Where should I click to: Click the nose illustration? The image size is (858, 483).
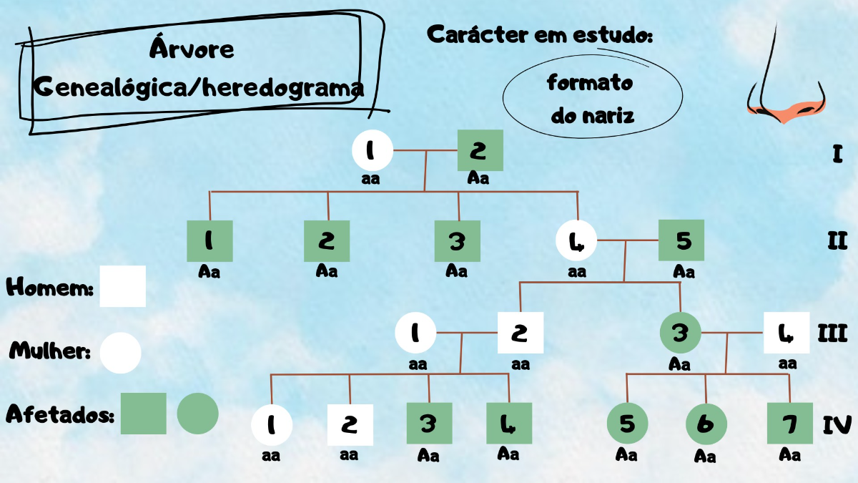coord(785,79)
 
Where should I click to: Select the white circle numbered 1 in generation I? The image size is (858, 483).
coord(373,150)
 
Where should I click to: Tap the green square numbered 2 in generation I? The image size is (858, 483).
coord(480,151)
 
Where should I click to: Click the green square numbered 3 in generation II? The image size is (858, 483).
coord(458,241)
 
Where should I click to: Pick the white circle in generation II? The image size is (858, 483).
coord(577,241)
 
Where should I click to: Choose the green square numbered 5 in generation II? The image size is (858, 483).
coord(681,240)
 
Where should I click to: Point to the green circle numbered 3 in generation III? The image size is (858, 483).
coord(680,333)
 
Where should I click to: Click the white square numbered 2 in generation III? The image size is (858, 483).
coord(521,333)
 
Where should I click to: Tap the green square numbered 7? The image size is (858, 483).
coord(789,424)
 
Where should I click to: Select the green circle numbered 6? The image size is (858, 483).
coord(706,424)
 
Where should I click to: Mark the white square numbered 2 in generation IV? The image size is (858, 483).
coord(350,425)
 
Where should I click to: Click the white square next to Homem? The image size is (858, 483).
coord(122,286)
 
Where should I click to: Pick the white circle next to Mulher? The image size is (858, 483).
coord(120,353)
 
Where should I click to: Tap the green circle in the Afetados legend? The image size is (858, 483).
coord(197,413)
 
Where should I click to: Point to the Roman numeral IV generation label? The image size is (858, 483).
coord(837,425)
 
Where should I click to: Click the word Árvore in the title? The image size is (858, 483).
coord(192,49)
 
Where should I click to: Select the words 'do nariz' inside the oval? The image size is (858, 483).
coord(592,114)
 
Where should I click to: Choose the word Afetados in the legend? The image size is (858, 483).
coord(60,414)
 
